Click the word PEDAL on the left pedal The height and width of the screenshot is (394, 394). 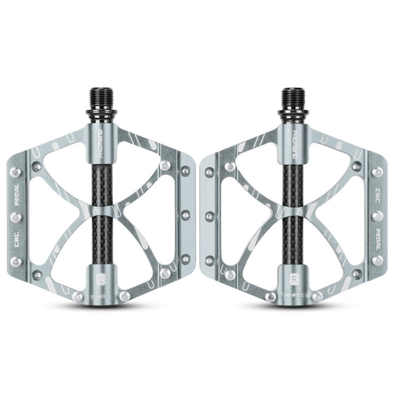pyautogui.click(x=16, y=192)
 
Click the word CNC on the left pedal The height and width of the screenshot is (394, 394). pyautogui.click(x=16, y=239)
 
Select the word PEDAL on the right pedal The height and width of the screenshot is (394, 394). pyautogui.click(x=378, y=236)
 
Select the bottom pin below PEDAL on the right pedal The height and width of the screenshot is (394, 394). pyautogui.click(x=378, y=260)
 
